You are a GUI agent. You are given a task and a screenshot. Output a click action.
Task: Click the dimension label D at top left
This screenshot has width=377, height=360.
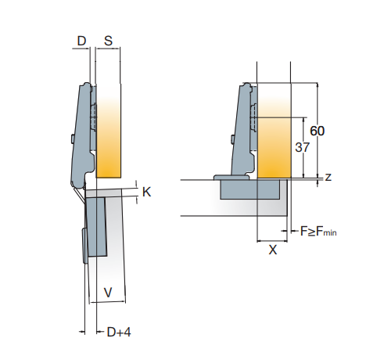pyautogui.click(x=81, y=41)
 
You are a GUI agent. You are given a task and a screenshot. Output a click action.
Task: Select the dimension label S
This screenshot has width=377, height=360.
pyautogui.click(x=108, y=41)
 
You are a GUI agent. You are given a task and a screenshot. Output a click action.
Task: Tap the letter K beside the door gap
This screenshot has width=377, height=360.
pyautogui.click(x=146, y=192)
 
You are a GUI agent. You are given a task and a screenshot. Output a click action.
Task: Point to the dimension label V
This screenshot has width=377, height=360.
pyautogui.click(x=108, y=293)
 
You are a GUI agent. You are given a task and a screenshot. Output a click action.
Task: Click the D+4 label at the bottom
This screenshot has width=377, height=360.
pyautogui.click(x=119, y=332)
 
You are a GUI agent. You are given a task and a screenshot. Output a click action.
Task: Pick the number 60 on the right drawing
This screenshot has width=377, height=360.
pyautogui.click(x=318, y=131)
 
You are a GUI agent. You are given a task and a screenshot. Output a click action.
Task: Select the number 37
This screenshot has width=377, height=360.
pyautogui.click(x=302, y=147)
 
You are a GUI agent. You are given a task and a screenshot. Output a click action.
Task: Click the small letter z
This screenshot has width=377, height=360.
pyautogui.click(x=329, y=177)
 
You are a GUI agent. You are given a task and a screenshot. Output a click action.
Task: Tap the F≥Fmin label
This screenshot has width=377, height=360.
pyautogui.click(x=318, y=232)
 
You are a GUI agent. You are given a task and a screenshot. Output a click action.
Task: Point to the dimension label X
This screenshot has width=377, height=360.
pyautogui.click(x=272, y=250)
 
